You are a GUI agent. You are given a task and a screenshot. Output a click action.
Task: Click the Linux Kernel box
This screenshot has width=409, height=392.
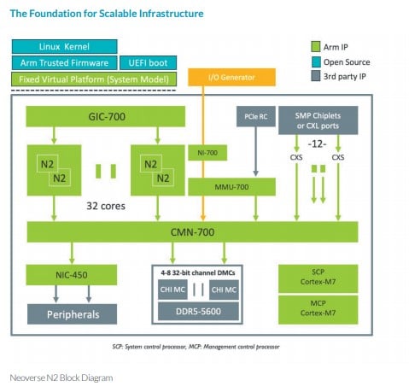pos(64,46)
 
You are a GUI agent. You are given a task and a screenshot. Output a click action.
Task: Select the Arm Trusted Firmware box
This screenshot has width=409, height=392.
pos(64,62)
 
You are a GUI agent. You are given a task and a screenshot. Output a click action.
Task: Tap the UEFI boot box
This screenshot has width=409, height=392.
pos(148,62)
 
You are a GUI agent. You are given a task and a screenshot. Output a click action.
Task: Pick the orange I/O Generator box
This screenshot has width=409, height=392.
pos(231,77)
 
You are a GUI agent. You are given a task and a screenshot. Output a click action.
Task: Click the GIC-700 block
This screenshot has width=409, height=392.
pos(106,116)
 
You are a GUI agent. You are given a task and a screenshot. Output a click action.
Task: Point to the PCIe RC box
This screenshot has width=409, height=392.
pos(256,116)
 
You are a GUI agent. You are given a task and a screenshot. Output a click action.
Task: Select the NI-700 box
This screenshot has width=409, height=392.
pos(207,153)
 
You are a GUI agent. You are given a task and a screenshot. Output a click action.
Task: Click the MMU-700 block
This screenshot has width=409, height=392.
pos(231,187)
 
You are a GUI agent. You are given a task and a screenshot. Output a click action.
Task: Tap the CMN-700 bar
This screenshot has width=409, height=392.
pos(192,232)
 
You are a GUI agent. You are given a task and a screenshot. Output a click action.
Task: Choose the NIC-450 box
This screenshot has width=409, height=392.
pos(72,275)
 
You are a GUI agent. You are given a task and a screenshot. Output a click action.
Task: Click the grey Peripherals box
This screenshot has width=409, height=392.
pos(72,314)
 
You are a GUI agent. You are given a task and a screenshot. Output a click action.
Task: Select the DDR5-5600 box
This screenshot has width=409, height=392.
pos(198,311)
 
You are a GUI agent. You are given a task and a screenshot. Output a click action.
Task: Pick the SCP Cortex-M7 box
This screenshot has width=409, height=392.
pos(318,277)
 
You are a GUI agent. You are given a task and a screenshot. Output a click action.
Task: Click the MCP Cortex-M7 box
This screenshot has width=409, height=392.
pos(318,308)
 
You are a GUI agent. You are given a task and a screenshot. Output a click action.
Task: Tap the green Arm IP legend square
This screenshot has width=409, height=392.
pos(316,47)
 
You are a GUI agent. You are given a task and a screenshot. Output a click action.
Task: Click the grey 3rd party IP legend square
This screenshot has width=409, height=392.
pos(316,76)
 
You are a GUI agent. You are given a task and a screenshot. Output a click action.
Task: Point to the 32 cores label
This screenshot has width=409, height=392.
pos(106,206)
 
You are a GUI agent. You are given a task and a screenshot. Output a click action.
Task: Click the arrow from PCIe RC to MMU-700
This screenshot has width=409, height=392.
pos(255,151)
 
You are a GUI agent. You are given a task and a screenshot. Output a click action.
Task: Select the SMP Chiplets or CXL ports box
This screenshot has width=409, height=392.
pos(318,120)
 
